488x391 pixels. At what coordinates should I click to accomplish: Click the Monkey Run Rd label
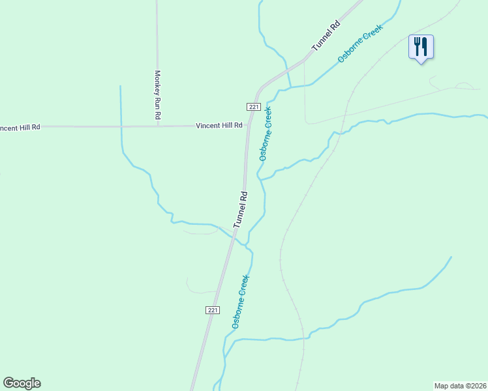point(157,94)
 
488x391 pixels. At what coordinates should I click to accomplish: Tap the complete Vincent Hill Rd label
point(219,125)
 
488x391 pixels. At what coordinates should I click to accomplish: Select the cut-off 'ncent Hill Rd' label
point(20,127)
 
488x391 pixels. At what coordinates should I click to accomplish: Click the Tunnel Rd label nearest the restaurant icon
point(326,36)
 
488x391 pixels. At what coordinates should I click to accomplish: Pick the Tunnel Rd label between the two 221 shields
point(241,209)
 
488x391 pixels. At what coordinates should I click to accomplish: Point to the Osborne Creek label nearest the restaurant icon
point(359,44)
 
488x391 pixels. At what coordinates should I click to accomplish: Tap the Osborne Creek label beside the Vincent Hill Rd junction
point(266,134)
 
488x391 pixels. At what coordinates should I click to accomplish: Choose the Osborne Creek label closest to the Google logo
point(239,301)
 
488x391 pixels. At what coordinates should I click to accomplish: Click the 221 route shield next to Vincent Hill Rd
point(254,107)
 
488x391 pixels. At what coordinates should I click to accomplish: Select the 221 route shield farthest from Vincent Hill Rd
point(212,310)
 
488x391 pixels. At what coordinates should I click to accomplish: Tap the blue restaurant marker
point(421,47)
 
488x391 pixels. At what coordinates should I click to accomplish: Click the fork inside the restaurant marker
point(417,46)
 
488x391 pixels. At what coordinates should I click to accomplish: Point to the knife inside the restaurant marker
point(425,46)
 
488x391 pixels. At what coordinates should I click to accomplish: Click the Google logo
point(22,383)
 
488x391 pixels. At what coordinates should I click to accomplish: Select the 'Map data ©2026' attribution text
point(460,385)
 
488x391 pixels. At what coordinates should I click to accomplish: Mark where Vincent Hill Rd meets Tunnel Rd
point(247,125)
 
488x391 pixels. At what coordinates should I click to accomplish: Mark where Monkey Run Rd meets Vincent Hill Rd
point(157,126)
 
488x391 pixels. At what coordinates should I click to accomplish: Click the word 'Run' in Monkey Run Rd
point(157,94)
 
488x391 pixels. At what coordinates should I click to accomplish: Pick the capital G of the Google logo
point(8,383)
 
